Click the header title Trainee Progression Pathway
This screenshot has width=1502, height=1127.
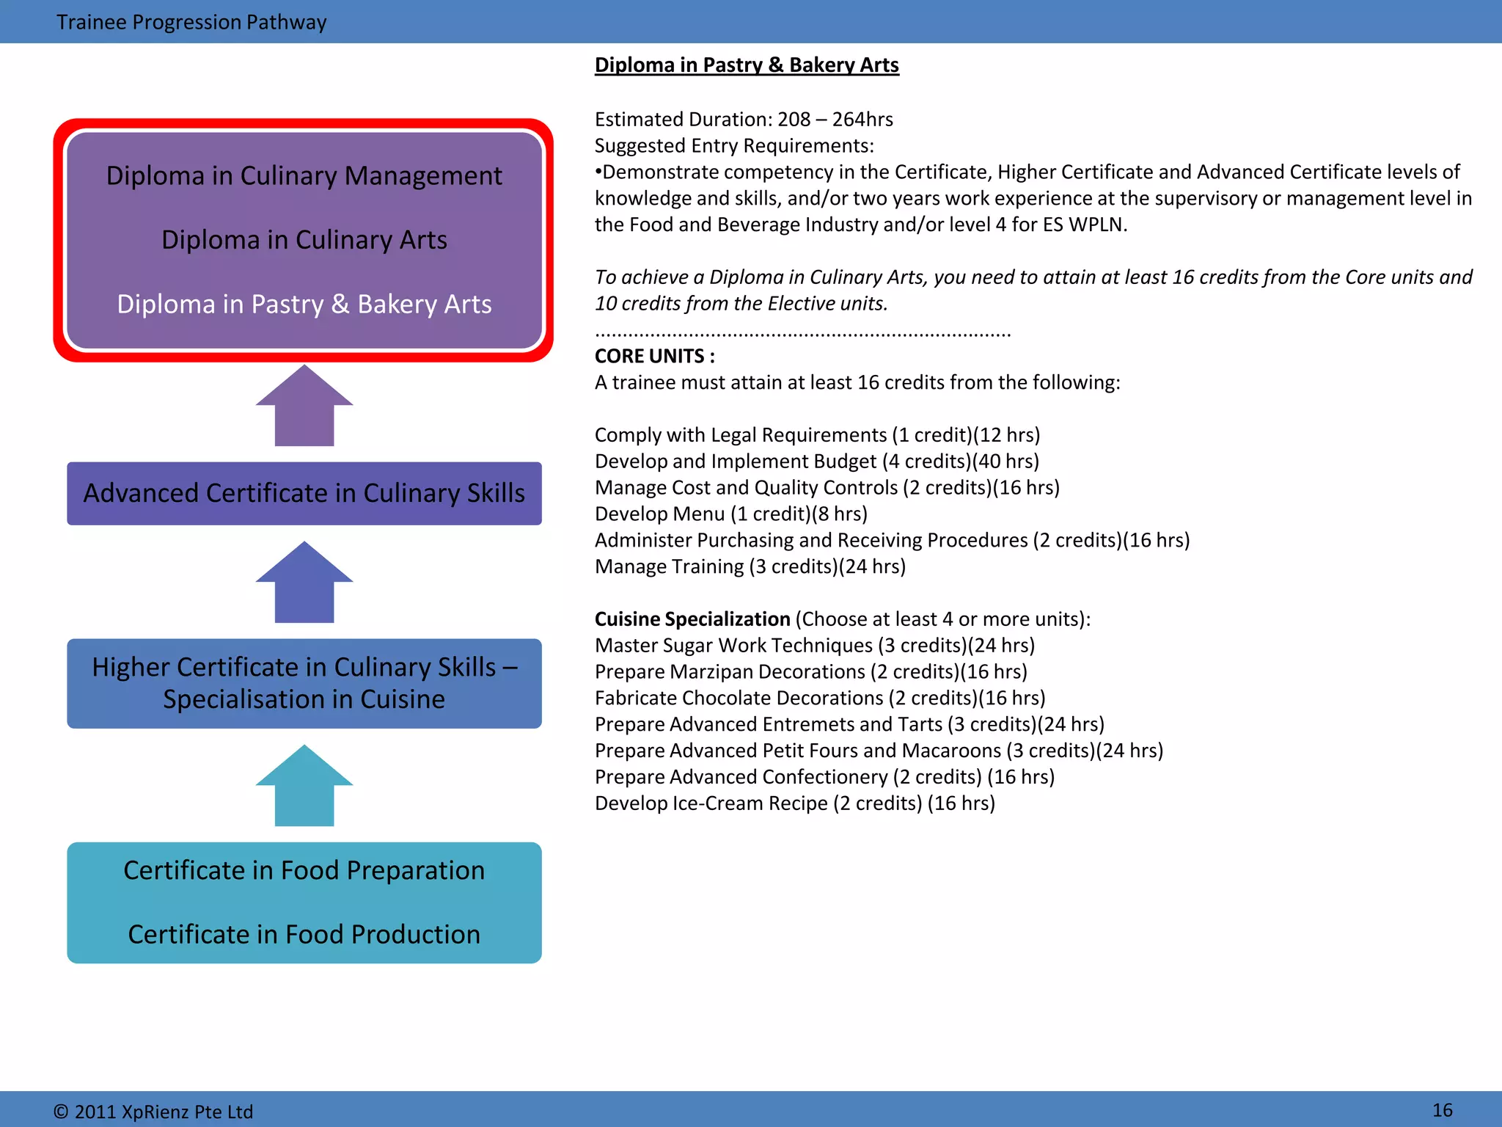pos(191,22)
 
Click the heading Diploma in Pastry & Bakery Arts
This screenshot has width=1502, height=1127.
pos(747,65)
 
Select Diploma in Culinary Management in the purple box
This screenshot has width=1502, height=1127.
pos(304,176)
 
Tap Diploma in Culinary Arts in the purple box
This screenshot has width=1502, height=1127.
pos(304,240)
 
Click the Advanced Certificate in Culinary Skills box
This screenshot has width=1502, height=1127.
pos(304,493)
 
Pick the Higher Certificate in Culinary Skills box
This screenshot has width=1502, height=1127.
pos(304,683)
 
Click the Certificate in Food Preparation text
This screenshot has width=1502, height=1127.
pos(304,870)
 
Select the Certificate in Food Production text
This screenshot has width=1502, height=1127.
pos(304,934)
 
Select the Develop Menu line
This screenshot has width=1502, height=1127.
pos(730,514)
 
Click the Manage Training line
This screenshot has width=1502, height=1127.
pos(750,566)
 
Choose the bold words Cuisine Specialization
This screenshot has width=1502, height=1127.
pos(692,619)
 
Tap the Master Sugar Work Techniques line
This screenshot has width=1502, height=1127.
pos(814,646)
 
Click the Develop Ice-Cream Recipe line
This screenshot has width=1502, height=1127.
pos(794,803)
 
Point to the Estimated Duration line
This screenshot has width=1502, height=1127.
pos(743,119)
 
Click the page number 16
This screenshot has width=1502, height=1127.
pos(1442,1110)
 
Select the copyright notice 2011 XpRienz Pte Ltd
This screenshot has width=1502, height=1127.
pos(153,1112)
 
